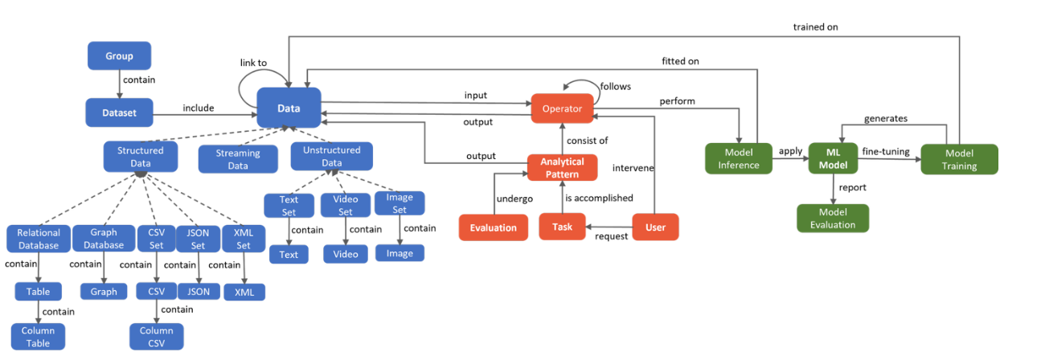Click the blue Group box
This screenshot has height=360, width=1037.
119,55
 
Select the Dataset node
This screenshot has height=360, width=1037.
119,113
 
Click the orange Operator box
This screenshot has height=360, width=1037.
562,108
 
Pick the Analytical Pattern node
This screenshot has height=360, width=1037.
562,168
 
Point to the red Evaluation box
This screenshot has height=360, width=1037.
494,227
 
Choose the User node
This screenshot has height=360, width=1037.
655,227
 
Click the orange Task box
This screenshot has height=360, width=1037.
563,227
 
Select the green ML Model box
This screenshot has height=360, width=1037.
833,158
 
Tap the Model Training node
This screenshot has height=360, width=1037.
959,158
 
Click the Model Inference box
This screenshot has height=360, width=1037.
737,158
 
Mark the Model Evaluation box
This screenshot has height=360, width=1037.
833,218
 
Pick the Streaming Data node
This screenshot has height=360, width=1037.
238,159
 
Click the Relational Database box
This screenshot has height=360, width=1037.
39,239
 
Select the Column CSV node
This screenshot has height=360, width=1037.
157,337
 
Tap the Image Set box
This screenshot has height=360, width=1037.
400,203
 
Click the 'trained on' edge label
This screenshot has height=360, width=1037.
816,27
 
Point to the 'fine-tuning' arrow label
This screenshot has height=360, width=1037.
885,151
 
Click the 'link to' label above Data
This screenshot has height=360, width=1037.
253,63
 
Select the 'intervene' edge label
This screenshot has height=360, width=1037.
633,168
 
